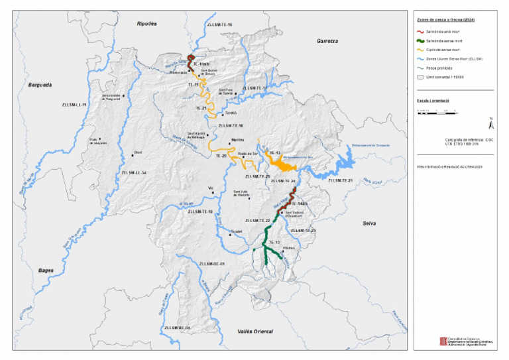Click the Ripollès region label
click(146, 23)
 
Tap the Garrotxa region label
click(327, 40)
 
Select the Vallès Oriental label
click(255, 330)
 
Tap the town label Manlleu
click(238, 139)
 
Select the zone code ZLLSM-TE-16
click(219, 25)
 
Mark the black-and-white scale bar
click(434, 112)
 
